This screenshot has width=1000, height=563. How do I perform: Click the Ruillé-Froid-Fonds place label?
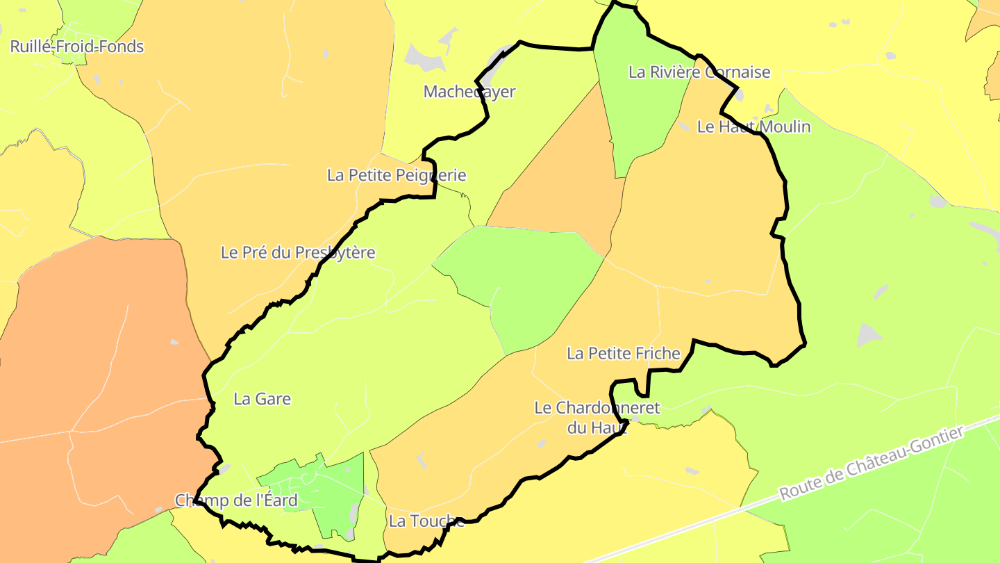click(76, 47)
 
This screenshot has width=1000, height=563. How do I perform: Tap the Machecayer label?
click(469, 92)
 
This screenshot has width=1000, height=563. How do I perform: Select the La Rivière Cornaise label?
click(699, 72)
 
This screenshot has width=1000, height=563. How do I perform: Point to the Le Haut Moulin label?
click(753, 127)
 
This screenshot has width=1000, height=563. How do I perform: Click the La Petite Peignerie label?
click(397, 175)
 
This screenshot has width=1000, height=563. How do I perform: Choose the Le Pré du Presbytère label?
click(298, 252)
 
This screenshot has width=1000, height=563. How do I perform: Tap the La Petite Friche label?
click(623, 353)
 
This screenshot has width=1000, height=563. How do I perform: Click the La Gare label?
click(262, 399)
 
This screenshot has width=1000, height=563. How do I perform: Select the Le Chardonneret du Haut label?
click(597, 417)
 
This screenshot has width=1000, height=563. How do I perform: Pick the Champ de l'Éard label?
click(236, 500)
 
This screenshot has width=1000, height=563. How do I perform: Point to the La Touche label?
click(426, 521)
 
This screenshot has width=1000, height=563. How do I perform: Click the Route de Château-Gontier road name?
click(872, 464)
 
